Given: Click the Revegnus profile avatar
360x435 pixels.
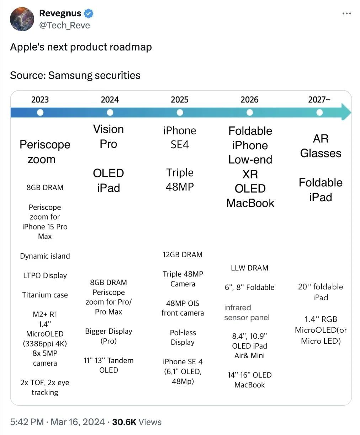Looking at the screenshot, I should [22, 19].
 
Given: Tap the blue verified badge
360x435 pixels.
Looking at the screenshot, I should [89, 14].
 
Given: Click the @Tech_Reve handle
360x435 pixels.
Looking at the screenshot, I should [64, 25].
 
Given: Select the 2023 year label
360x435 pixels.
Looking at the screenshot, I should [40, 100].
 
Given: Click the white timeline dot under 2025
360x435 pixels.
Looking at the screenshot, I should [180, 113].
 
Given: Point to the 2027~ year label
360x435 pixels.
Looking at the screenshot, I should [319, 100].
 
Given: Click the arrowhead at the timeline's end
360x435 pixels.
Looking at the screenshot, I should [346, 112].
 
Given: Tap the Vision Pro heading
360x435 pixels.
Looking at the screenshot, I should [108, 136].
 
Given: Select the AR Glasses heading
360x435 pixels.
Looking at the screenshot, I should [321, 146].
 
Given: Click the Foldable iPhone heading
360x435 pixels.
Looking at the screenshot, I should [250, 138].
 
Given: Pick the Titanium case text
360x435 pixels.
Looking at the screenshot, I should [45, 295].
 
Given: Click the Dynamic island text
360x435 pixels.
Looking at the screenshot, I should [45, 256].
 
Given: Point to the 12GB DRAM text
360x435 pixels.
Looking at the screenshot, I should [182, 254].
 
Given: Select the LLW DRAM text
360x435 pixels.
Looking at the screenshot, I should [249, 268].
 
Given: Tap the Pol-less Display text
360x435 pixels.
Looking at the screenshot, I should [182, 337].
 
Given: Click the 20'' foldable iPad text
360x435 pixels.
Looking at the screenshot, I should [321, 292].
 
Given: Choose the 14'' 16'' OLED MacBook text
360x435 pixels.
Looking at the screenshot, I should [250, 380].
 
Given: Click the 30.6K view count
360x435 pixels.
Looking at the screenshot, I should [124, 422].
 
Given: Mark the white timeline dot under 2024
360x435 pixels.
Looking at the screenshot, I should [110, 113].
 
